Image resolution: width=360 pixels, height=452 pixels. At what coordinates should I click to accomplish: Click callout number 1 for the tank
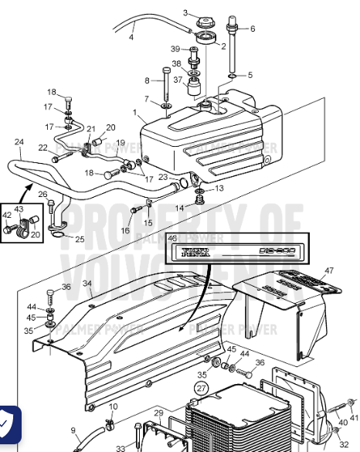tap(135, 112)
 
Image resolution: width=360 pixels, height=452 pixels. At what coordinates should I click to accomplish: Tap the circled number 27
tap(201, 387)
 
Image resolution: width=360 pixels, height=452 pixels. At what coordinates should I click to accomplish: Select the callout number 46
tap(172, 240)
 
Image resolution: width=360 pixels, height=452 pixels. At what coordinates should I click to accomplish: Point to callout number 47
tap(329, 270)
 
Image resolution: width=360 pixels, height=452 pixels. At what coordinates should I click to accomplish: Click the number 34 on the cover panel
tap(87, 284)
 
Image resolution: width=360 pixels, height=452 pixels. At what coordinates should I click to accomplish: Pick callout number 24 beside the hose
tap(19, 142)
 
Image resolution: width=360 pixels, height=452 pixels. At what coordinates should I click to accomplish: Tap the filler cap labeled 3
tap(205, 19)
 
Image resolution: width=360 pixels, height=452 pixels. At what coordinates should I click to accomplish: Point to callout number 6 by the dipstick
tap(251, 29)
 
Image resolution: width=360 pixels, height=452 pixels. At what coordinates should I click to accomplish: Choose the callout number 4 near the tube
tap(131, 36)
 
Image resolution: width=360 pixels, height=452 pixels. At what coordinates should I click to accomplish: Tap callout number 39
tap(175, 49)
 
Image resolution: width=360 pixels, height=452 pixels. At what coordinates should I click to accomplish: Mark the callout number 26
tap(42, 194)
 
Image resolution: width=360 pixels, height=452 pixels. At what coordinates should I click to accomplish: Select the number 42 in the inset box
tap(8, 216)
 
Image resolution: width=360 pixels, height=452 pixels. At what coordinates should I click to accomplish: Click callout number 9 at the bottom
tap(73, 430)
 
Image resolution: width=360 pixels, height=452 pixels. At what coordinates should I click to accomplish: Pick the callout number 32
tap(344, 444)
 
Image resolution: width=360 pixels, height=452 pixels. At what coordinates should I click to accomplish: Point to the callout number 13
tap(219, 188)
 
